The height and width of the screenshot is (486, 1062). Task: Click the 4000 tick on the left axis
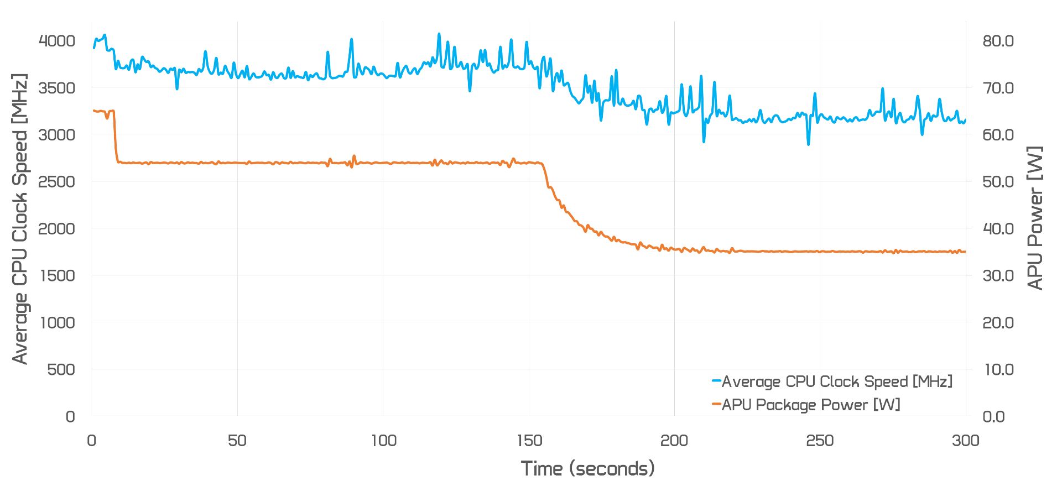click(56, 41)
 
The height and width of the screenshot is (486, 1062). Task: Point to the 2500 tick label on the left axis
click(56, 181)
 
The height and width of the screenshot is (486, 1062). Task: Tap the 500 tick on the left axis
click(61, 369)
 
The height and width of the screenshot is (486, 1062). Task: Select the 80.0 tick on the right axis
click(998, 41)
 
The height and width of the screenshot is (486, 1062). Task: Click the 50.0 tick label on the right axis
click(998, 181)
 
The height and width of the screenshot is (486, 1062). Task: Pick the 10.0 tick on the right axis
click(998, 369)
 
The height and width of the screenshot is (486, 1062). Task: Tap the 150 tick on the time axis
click(529, 441)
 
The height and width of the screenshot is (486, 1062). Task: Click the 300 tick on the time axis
click(966, 441)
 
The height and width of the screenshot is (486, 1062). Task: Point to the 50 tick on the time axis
click(237, 441)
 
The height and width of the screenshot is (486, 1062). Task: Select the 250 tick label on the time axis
click(820, 441)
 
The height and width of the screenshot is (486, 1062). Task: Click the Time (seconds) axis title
click(587, 469)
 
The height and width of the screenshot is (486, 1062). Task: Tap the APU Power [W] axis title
click(1035, 218)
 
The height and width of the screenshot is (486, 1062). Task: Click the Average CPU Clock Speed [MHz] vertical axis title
click(20, 218)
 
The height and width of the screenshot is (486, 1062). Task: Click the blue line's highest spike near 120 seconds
click(439, 34)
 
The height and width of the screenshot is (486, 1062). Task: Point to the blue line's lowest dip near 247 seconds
click(809, 144)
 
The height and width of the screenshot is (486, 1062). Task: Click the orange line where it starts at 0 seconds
click(93, 111)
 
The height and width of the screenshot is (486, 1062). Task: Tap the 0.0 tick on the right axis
click(993, 416)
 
